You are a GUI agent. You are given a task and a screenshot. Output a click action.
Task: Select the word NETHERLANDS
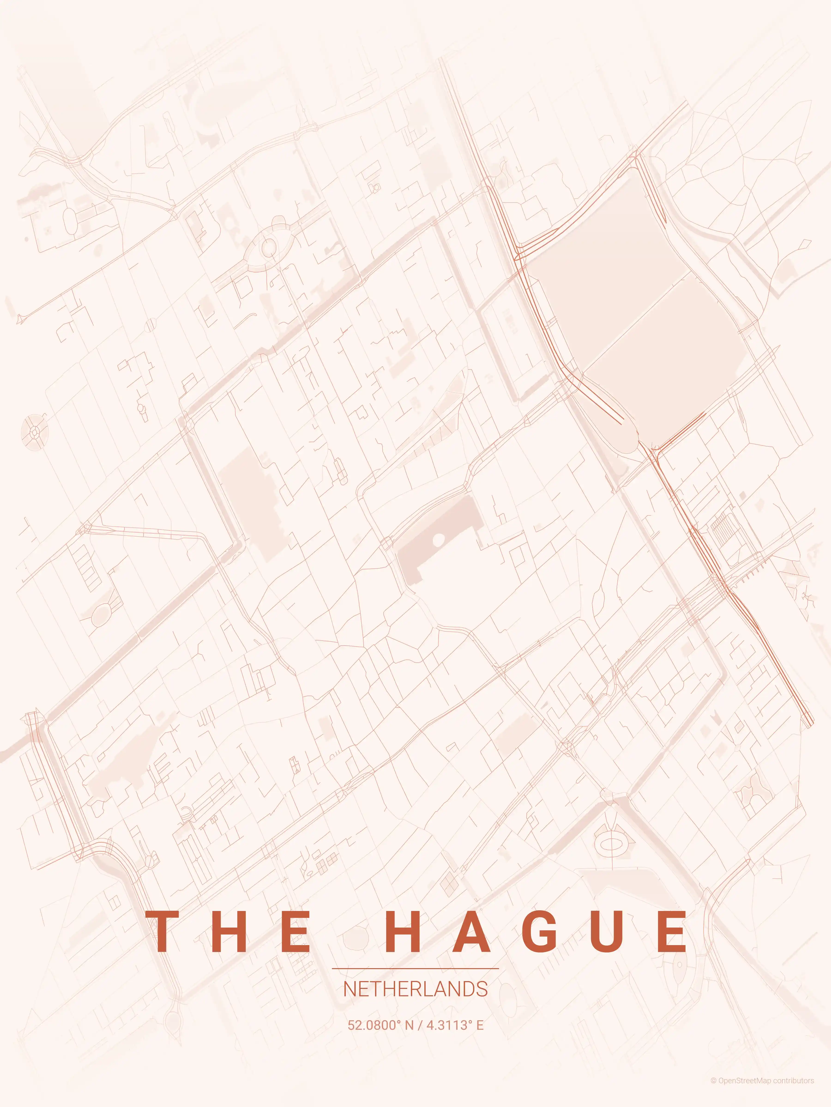(415, 989)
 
